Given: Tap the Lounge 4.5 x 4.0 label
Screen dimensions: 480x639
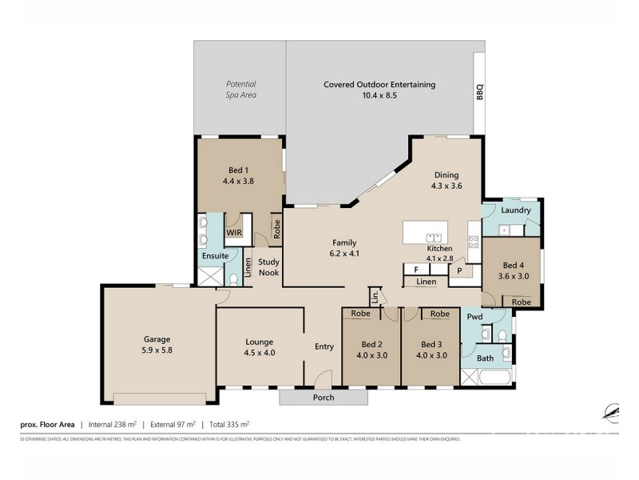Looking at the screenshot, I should pyautogui.click(x=259, y=346).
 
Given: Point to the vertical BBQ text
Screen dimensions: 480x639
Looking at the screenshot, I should pyautogui.click(x=480, y=93).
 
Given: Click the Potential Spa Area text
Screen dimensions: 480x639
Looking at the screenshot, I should pyautogui.click(x=240, y=89).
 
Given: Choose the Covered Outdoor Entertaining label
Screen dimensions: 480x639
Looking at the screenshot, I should pyautogui.click(x=379, y=89).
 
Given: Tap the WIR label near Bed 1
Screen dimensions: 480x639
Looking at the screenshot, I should pyautogui.click(x=234, y=233).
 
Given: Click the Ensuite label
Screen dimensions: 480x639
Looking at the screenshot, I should pyautogui.click(x=215, y=256).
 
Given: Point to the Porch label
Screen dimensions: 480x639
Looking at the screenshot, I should pyautogui.click(x=323, y=398).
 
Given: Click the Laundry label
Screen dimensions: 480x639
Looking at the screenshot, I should pyautogui.click(x=516, y=210).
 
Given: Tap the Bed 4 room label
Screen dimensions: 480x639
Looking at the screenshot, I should pyautogui.click(x=514, y=270).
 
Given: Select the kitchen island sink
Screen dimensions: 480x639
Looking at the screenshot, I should pyautogui.click(x=435, y=237).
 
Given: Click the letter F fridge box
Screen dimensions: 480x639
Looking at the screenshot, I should pyautogui.click(x=416, y=270).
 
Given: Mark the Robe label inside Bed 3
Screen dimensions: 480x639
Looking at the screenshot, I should pyautogui.click(x=439, y=314).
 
